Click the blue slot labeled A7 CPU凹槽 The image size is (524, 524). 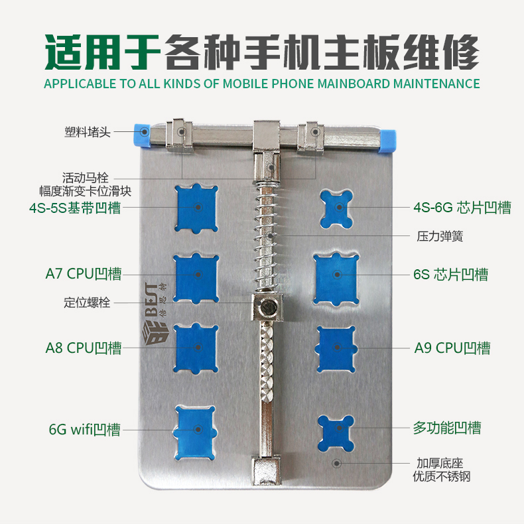point(196,278)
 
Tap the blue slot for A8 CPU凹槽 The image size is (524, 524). point(196,348)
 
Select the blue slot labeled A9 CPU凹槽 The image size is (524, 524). point(336,349)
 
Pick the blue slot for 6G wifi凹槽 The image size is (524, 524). point(195,432)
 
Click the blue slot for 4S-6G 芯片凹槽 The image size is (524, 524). point(336,209)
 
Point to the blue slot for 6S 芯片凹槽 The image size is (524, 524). point(336,279)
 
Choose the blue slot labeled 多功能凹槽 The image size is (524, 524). point(336,433)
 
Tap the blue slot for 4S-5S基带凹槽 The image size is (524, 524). point(196,208)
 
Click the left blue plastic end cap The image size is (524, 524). point(142,135)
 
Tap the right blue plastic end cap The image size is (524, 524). point(387,141)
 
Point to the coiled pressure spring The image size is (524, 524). point(267,236)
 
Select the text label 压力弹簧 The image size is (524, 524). point(440,236)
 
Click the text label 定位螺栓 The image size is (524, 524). point(87,302)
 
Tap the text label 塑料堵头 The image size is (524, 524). point(88,132)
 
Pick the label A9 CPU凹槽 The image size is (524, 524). point(452,348)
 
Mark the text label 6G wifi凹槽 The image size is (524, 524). point(84,429)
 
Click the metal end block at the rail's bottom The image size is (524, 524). point(267,471)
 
